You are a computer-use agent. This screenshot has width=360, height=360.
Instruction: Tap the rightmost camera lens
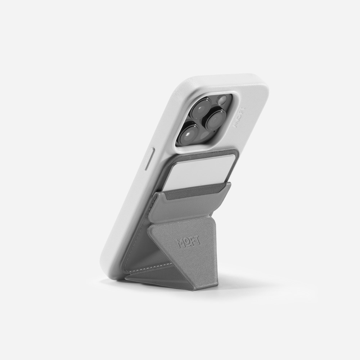pos(216,120)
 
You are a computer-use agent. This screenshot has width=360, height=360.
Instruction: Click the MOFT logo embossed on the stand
pos(189,242)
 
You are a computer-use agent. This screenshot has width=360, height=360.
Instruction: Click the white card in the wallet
pos(197,174)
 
